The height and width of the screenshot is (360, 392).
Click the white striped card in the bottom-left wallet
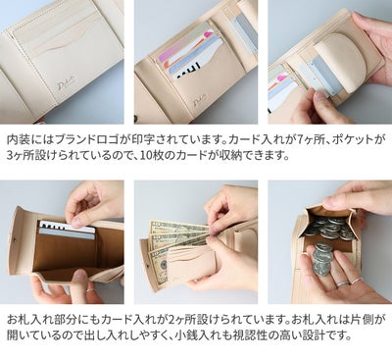click(x=68, y=231)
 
